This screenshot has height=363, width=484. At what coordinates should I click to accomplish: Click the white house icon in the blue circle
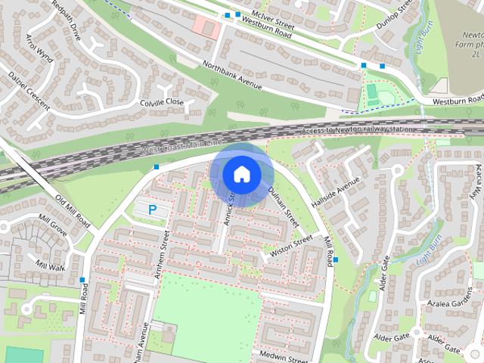(x=240, y=174)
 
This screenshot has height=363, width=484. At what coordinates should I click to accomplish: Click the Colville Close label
(x=162, y=102)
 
